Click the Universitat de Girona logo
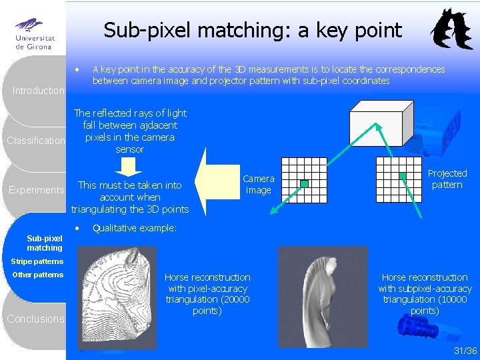(x=33, y=33)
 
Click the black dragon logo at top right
(x=451, y=30)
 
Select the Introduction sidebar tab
(x=39, y=91)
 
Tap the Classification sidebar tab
(x=36, y=141)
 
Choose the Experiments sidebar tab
(x=36, y=190)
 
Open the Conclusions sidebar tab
(x=36, y=319)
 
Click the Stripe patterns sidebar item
(x=37, y=261)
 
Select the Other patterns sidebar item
(x=37, y=275)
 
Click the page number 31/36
(x=465, y=351)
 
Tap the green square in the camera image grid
(x=304, y=183)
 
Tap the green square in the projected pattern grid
(x=403, y=176)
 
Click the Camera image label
(x=259, y=185)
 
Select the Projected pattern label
(x=447, y=179)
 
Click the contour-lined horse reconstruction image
(x=117, y=297)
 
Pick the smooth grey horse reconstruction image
(x=322, y=297)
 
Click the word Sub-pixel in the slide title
(x=139, y=30)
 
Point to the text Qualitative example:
(x=134, y=228)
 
